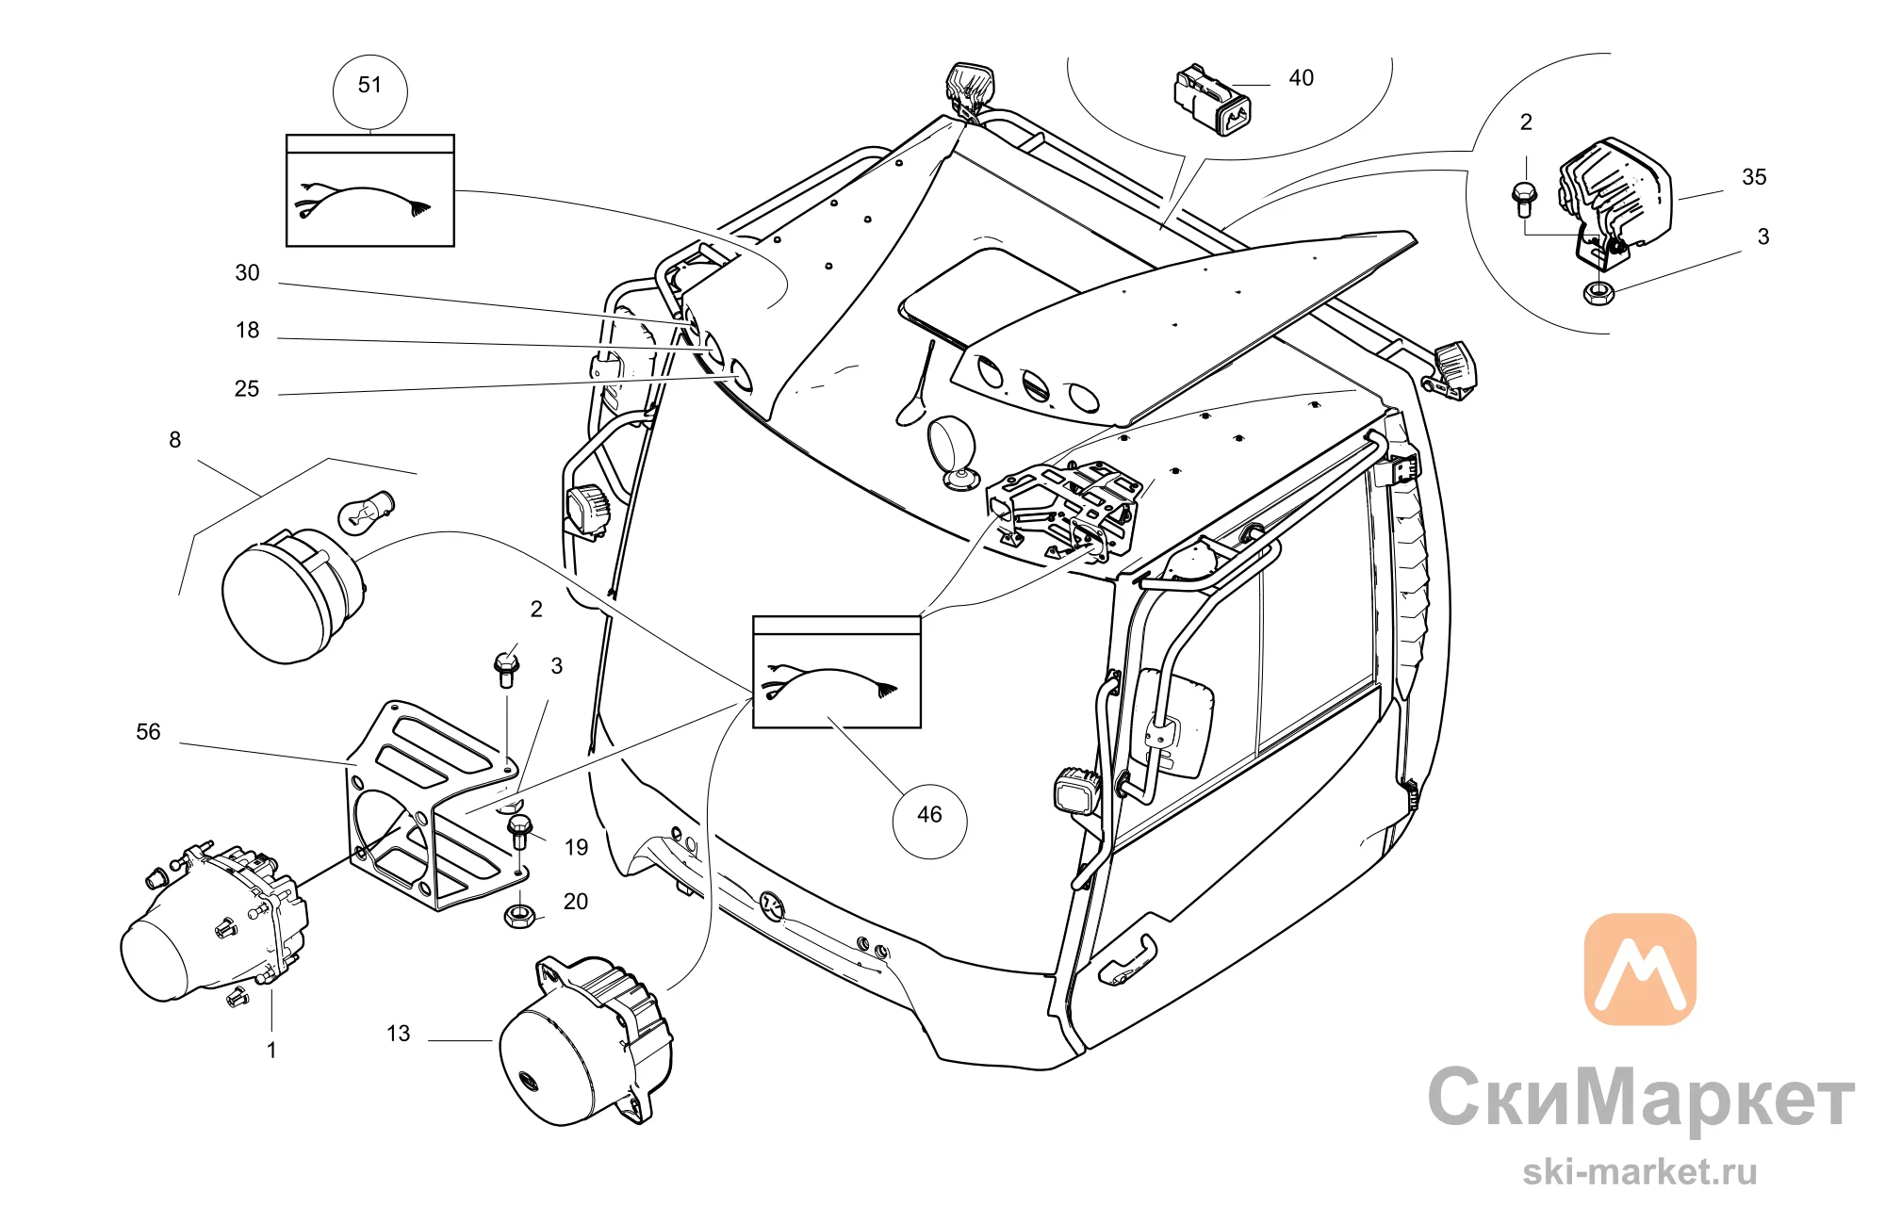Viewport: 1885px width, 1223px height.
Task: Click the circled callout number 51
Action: pyautogui.click(x=370, y=86)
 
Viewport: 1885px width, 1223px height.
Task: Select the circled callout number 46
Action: pyautogui.click(x=929, y=815)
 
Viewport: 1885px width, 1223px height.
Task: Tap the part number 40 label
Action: pyautogui.click(x=1302, y=78)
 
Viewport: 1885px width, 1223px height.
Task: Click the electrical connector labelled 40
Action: pyautogui.click(x=1212, y=100)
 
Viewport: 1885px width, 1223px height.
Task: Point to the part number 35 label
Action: pyautogui.click(x=1754, y=177)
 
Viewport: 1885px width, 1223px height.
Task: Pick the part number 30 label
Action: pyautogui.click(x=247, y=273)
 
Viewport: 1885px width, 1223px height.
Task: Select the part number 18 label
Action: pyautogui.click(x=247, y=331)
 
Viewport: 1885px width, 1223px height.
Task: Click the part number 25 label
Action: pyautogui.click(x=247, y=389)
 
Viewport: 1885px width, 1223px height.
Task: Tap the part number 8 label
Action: pyautogui.click(x=174, y=440)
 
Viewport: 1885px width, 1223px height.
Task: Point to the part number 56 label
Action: pyautogui.click(x=148, y=732)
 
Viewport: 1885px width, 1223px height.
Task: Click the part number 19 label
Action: pyautogui.click(x=576, y=848)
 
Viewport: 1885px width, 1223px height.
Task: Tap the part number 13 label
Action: pyautogui.click(x=399, y=1034)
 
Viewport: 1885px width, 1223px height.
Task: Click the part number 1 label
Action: pyautogui.click(x=271, y=1051)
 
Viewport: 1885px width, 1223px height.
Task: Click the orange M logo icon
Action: pyautogui.click(x=1640, y=969)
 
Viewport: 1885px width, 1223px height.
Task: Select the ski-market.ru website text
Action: pyautogui.click(x=1640, y=1172)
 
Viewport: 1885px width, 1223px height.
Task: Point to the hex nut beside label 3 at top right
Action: pyautogui.click(x=1598, y=293)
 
